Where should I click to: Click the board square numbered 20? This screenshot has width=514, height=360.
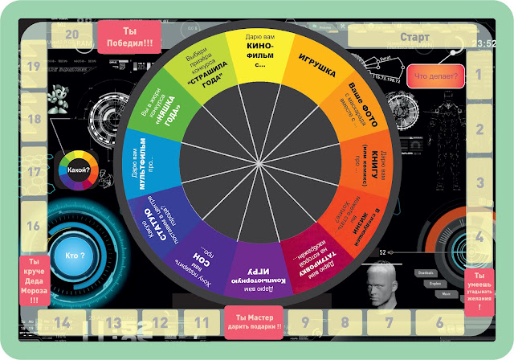click(71, 35)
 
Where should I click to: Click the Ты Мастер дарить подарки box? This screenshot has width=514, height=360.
click(255, 320)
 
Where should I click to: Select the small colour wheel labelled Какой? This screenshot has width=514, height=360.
click(79, 170)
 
